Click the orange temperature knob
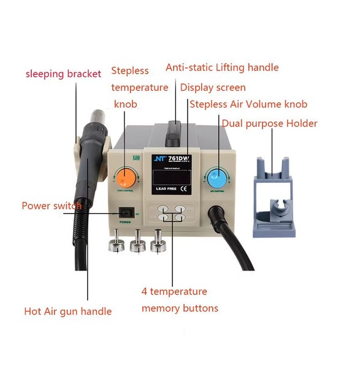coord(127,178)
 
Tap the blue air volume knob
coord(216,177)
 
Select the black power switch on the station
coord(124,213)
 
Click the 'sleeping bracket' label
coord(63,74)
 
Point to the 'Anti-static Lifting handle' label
coord(222,67)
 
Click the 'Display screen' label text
coord(213,88)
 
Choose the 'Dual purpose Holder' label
coord(269,123)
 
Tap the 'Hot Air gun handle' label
coord(67,312)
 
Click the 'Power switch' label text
coord(52,206)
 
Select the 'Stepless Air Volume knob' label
coord(248,104)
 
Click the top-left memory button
coord(163,209)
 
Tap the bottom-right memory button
coord(178,218)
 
